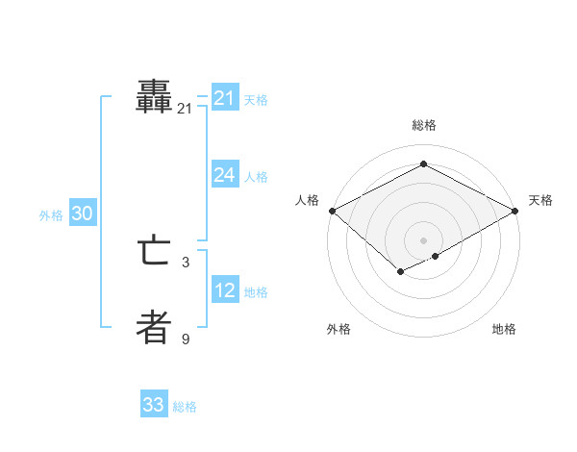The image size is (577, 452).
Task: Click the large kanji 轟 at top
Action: pos(154,97)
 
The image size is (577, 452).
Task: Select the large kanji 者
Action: pos(154,328)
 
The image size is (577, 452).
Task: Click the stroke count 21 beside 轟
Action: pos(185,109)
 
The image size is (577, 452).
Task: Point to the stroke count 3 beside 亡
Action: pos(186,262)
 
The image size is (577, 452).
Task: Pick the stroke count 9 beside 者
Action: pos(186,339)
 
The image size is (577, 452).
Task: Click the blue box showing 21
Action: pos(225,98)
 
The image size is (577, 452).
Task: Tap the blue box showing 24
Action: pos(225,175)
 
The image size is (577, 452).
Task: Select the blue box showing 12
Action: pos(225,290)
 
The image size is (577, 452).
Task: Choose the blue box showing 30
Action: pos(82,213)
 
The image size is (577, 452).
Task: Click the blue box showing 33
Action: pos(153,405)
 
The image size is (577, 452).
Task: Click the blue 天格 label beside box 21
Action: pos(256,99)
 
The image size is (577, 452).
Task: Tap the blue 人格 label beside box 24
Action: pos(256,176)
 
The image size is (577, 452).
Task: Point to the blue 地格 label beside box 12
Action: pos(256,291)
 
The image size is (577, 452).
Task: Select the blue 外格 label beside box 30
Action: pos(51,215)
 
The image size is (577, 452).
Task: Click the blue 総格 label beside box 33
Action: pos(185,407)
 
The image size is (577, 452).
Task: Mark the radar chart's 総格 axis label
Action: pos(424,125)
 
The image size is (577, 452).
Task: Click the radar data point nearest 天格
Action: pos(516,211)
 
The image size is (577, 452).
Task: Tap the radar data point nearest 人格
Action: pos(332,211)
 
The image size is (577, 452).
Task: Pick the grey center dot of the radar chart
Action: pos(424,239)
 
